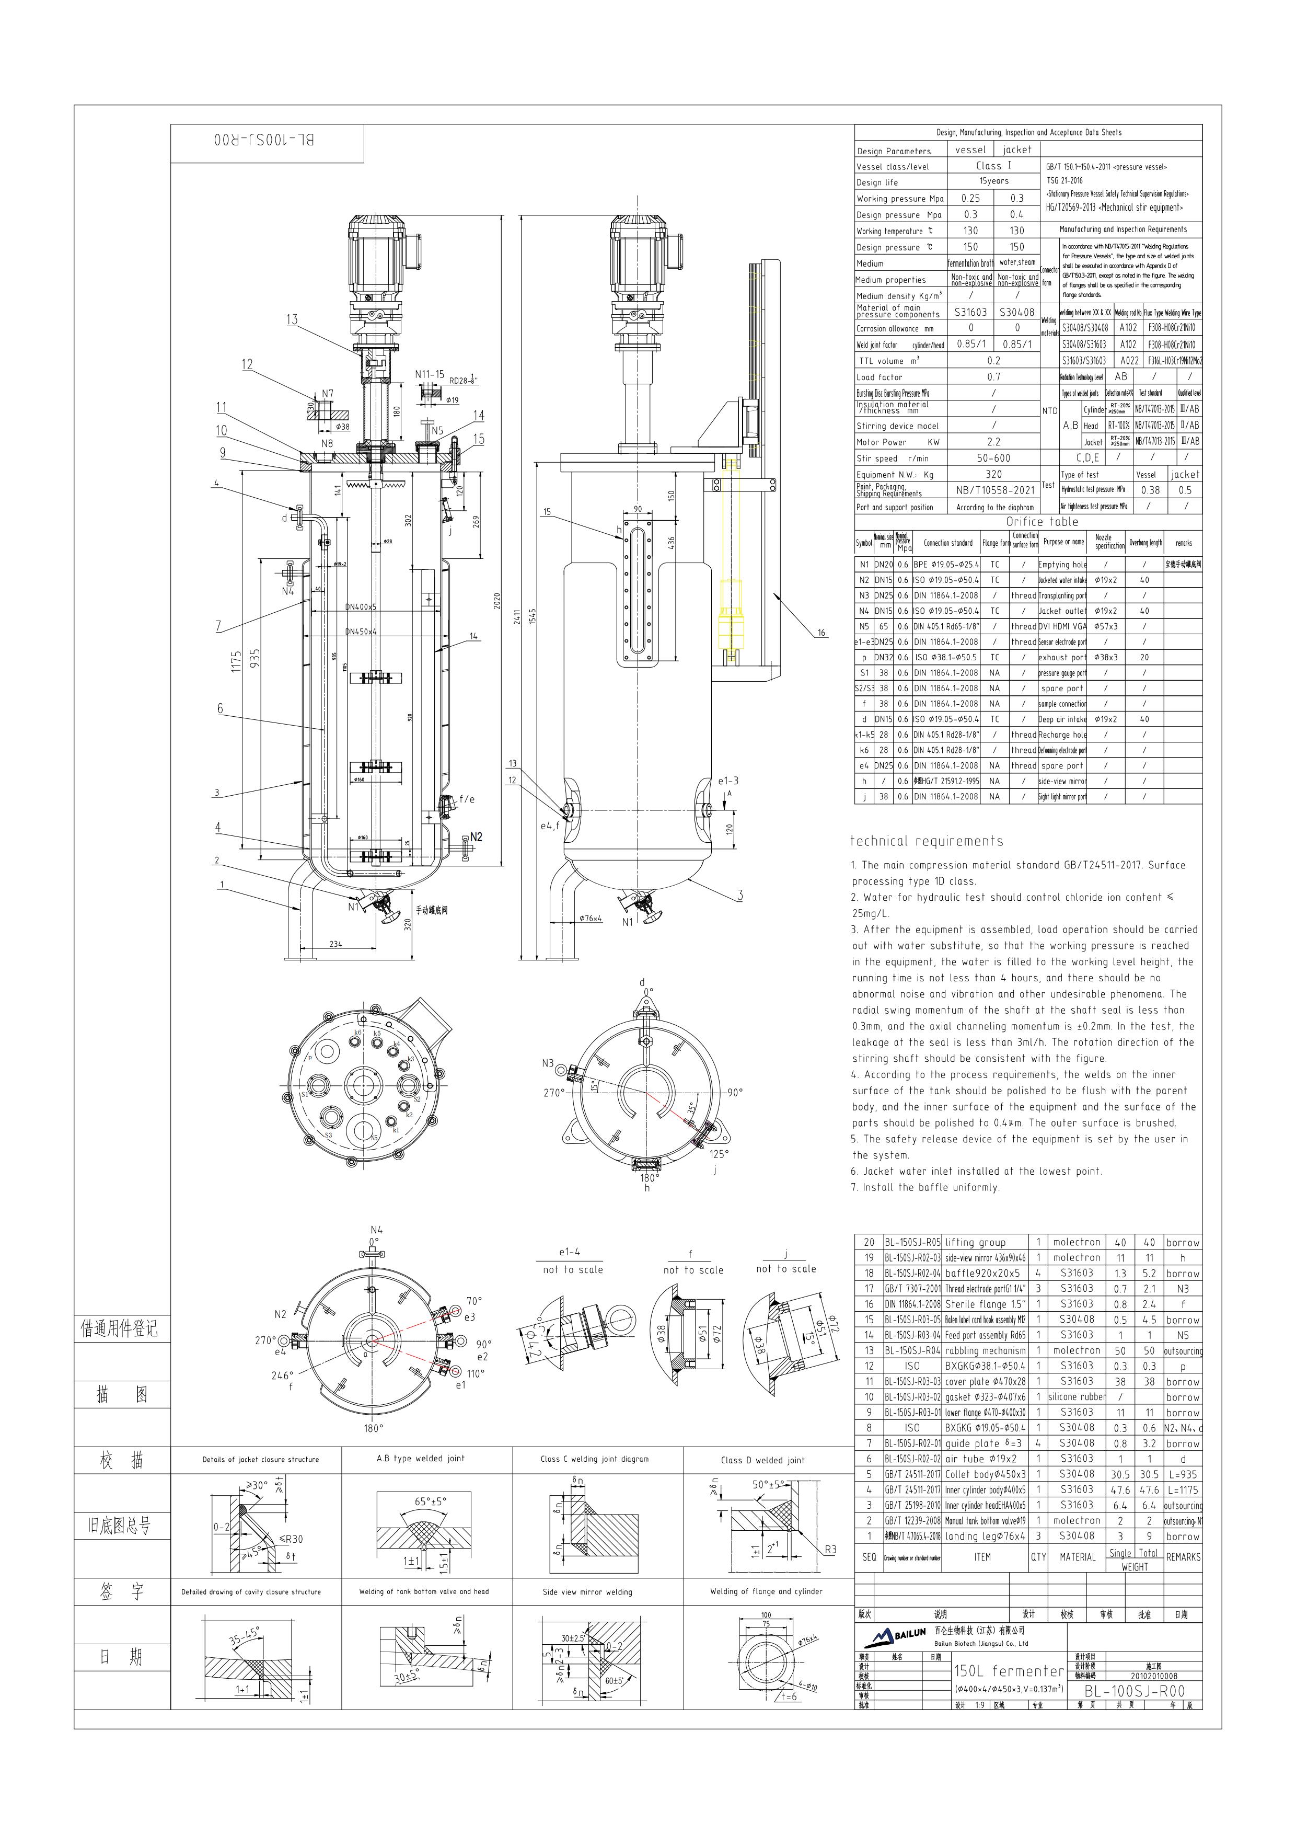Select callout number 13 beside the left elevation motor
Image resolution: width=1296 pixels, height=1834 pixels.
click(292, 319)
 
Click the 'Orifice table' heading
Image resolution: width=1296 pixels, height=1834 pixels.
click(1042, 522)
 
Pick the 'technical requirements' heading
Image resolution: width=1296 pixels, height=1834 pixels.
click(927, 840)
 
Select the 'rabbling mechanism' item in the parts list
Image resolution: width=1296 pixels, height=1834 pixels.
click(986, 1351)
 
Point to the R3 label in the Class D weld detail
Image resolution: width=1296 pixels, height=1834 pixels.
click(830, 1550)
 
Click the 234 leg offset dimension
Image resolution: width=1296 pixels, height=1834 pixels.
click(335, 943)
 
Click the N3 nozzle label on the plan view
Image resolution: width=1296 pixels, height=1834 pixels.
click(548, 1063)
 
